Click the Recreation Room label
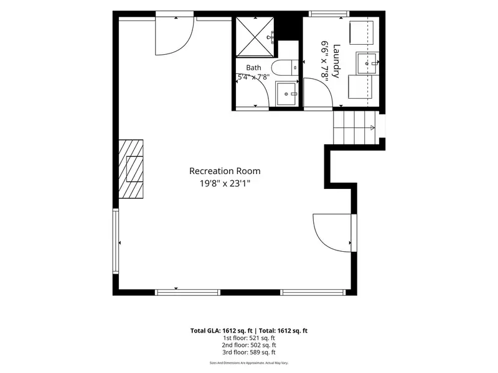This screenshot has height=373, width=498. point(225,171)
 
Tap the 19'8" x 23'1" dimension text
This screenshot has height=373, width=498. point(225,183)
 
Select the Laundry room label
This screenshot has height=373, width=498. point(336,60)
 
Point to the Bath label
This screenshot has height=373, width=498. point(253,68)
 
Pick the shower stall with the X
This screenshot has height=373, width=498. point(255,37)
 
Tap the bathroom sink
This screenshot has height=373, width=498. point(287,94)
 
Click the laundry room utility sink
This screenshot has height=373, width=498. point(367,63)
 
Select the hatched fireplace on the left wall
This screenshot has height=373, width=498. point(131,169)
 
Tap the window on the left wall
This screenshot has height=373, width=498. point(116,241)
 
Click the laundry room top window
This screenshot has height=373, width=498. point(329,14)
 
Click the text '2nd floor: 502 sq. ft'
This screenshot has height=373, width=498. point(248,345)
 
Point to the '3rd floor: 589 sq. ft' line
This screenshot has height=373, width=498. point(248,352)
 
